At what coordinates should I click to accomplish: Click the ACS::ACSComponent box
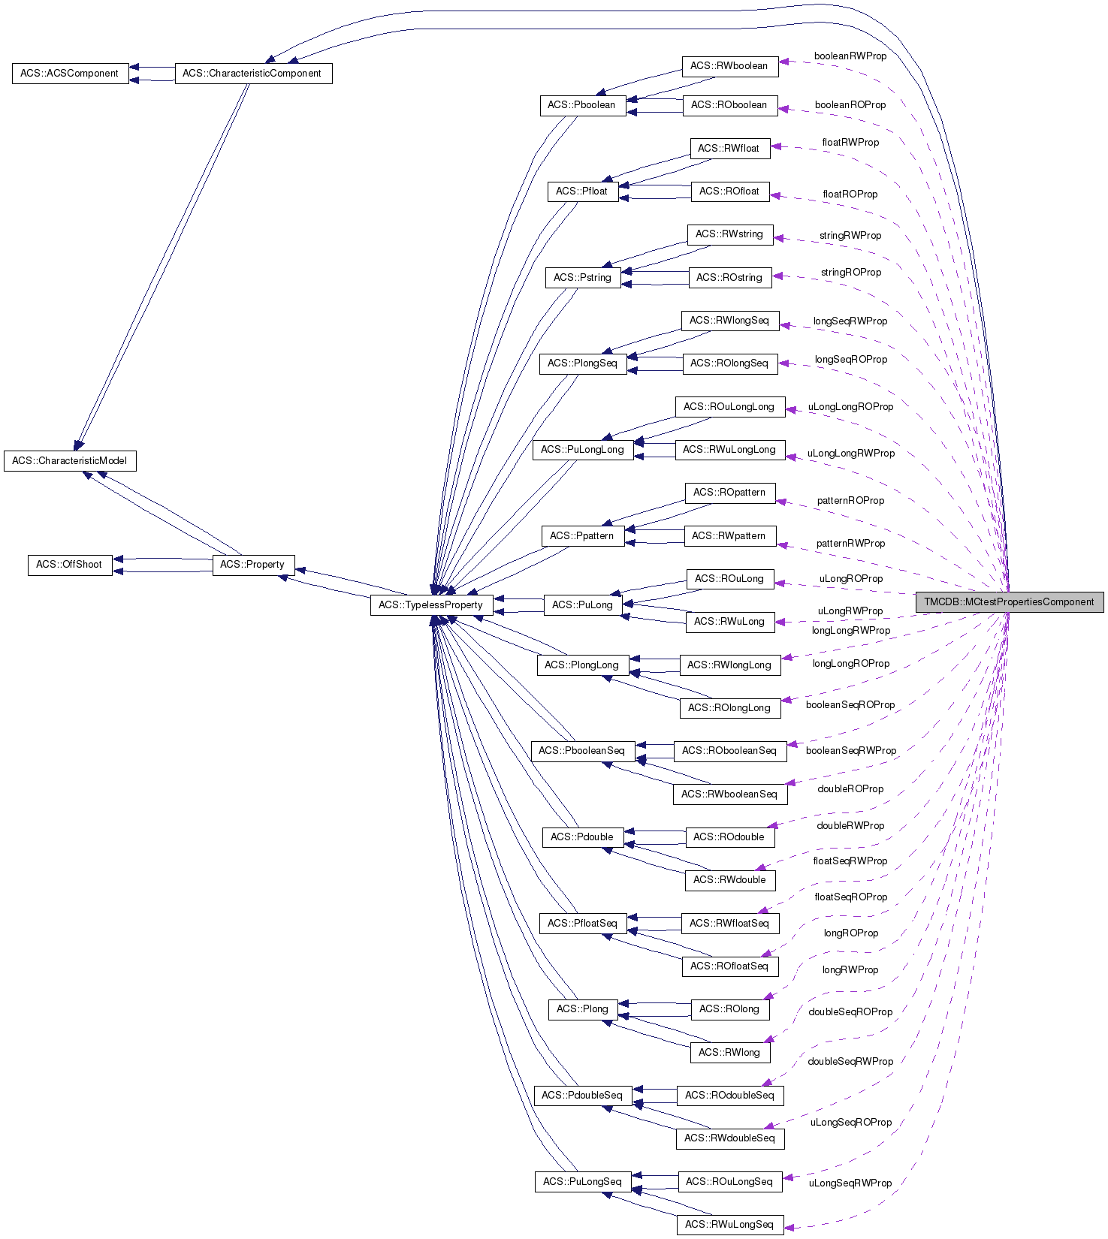coord(70,74)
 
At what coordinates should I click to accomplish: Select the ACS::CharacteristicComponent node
coord(252,74)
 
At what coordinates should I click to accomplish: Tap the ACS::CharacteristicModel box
coord(70,461)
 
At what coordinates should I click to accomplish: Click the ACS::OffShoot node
coord(69,565)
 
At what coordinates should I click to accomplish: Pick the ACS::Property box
coord(252,565)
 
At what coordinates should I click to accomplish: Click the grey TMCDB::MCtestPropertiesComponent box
coord(1009,602)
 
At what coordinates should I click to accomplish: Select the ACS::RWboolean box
coord(729,66)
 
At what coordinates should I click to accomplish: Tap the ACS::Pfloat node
coord(582,191)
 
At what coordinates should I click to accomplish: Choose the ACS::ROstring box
coord(729,278)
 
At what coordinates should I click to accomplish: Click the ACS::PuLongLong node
coord(583,450)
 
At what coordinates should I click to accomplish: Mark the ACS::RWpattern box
coord(729,536)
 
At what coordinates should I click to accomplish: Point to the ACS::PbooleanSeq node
coord(582,751)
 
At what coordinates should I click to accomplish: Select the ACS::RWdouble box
coord(729,880)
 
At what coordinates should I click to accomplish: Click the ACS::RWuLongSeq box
coord(729,1225)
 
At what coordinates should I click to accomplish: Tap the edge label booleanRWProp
coord(850,56)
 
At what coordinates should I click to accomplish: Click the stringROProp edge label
coord(851,273)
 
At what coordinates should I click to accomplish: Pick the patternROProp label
coord(851,501)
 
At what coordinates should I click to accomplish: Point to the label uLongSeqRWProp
coord(850,1183)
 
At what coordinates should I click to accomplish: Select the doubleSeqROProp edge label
coord(850,1012)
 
